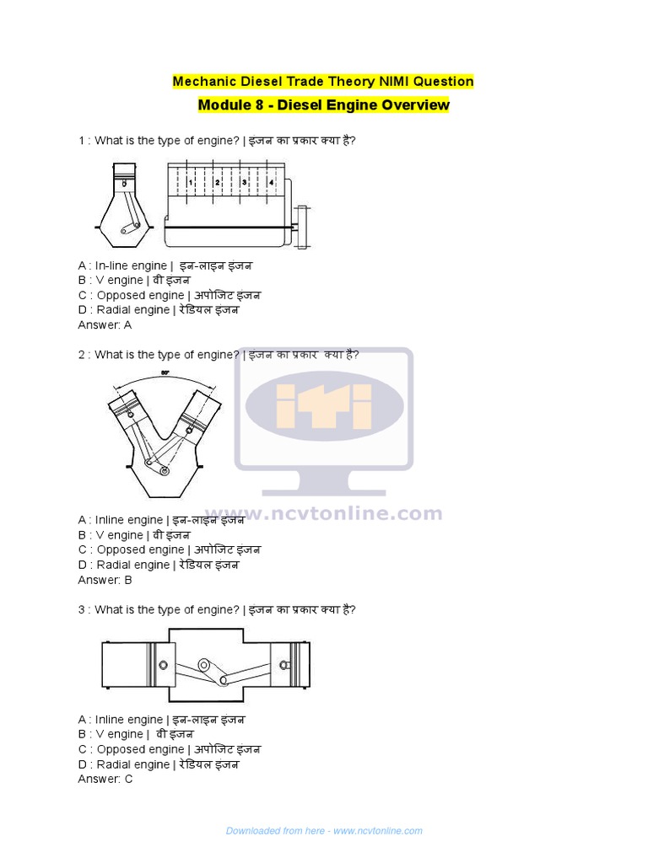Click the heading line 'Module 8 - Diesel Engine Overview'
click(x=323, y=105)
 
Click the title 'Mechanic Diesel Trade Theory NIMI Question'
click(x=323, y=82)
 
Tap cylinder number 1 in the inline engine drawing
click(x=192, y=182)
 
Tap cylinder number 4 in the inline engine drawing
click(x=271, y=182)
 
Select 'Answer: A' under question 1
click(x=105, y=324)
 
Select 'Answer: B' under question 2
click(x=105, y=580)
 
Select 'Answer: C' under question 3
click(x=105, y=779)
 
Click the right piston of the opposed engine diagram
click(x=290, y=662)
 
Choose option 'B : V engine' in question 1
click(x=134, y=281)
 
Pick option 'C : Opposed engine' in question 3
click(x=169, y=749)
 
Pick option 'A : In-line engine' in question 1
click(x=165, y=265)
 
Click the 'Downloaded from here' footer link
click(x=324, y=831)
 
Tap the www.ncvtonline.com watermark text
click(x=324, y=513)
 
